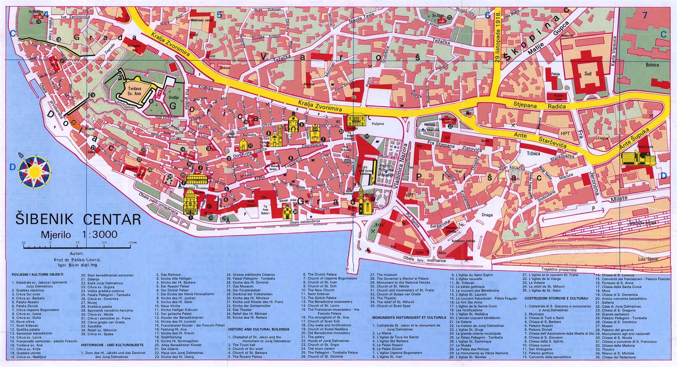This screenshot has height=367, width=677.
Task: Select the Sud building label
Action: (x=588, y=74)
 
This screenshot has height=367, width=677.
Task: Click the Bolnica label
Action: (x=652, y=65)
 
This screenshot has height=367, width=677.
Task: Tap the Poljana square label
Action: (x=377, y=124)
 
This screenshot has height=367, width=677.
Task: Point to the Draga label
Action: (x=487, y=215)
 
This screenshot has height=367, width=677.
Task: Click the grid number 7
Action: (x=645, y=15)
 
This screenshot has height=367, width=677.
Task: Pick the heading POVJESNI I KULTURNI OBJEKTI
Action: (x=37, y=274)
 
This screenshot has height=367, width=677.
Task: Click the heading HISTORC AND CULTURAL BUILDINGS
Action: (x=258, y=329)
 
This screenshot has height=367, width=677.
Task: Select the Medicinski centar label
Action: (x=202, y=20)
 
